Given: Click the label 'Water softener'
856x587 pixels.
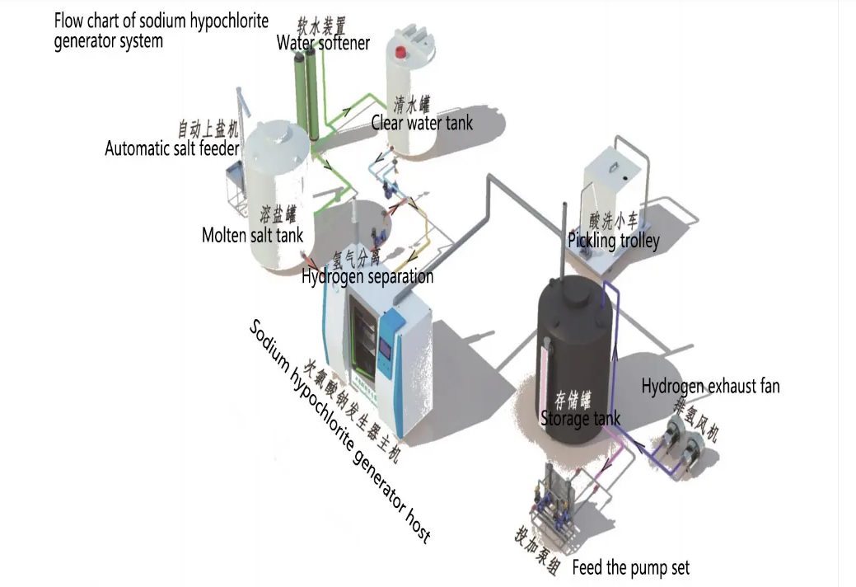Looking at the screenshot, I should point(323,42).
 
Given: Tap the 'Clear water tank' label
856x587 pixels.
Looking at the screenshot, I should point(422,124).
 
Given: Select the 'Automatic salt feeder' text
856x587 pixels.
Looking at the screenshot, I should point(171,148).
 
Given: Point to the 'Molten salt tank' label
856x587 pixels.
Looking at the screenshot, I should point(252,235).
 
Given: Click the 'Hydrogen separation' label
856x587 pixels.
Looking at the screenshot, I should point(367,276).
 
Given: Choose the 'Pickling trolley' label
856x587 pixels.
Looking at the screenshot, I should point(613,241).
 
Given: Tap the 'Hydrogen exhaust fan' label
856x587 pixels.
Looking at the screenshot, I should point(710,386).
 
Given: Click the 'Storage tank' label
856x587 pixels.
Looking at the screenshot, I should point(580,419).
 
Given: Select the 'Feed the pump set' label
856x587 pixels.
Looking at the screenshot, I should point(630,567).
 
